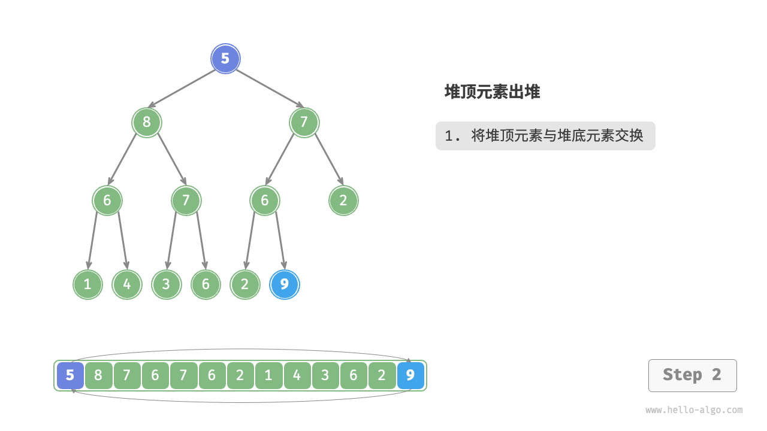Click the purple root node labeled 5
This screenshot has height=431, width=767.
coord(225,59)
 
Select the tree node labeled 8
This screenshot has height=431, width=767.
coord(147,122)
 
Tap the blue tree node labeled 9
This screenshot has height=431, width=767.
coord(285,284)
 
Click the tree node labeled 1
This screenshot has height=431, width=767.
coord(87,284)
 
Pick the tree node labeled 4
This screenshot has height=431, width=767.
coord(127,284)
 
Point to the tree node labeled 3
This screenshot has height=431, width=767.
coord(166,284)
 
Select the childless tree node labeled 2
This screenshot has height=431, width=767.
coord(343,201)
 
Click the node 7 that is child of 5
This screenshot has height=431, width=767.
coord(304,122)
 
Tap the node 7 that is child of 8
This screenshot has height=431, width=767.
coord(186,201)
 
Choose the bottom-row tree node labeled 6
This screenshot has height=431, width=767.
coord(206,284)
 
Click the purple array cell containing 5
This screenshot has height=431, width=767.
coord(70,375)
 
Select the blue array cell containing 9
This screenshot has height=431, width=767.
coord(410,375)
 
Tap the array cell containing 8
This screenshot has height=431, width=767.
coord(98,375)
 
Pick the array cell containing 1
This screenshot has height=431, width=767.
coord(268,375)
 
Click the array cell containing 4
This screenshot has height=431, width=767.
coord(297,375)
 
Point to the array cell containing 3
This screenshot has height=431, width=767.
coord(325,375)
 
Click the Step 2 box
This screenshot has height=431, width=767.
coord(692,375)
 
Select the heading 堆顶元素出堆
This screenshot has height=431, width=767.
coord(492,92)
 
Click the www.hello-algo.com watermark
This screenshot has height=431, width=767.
coord(694,410)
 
